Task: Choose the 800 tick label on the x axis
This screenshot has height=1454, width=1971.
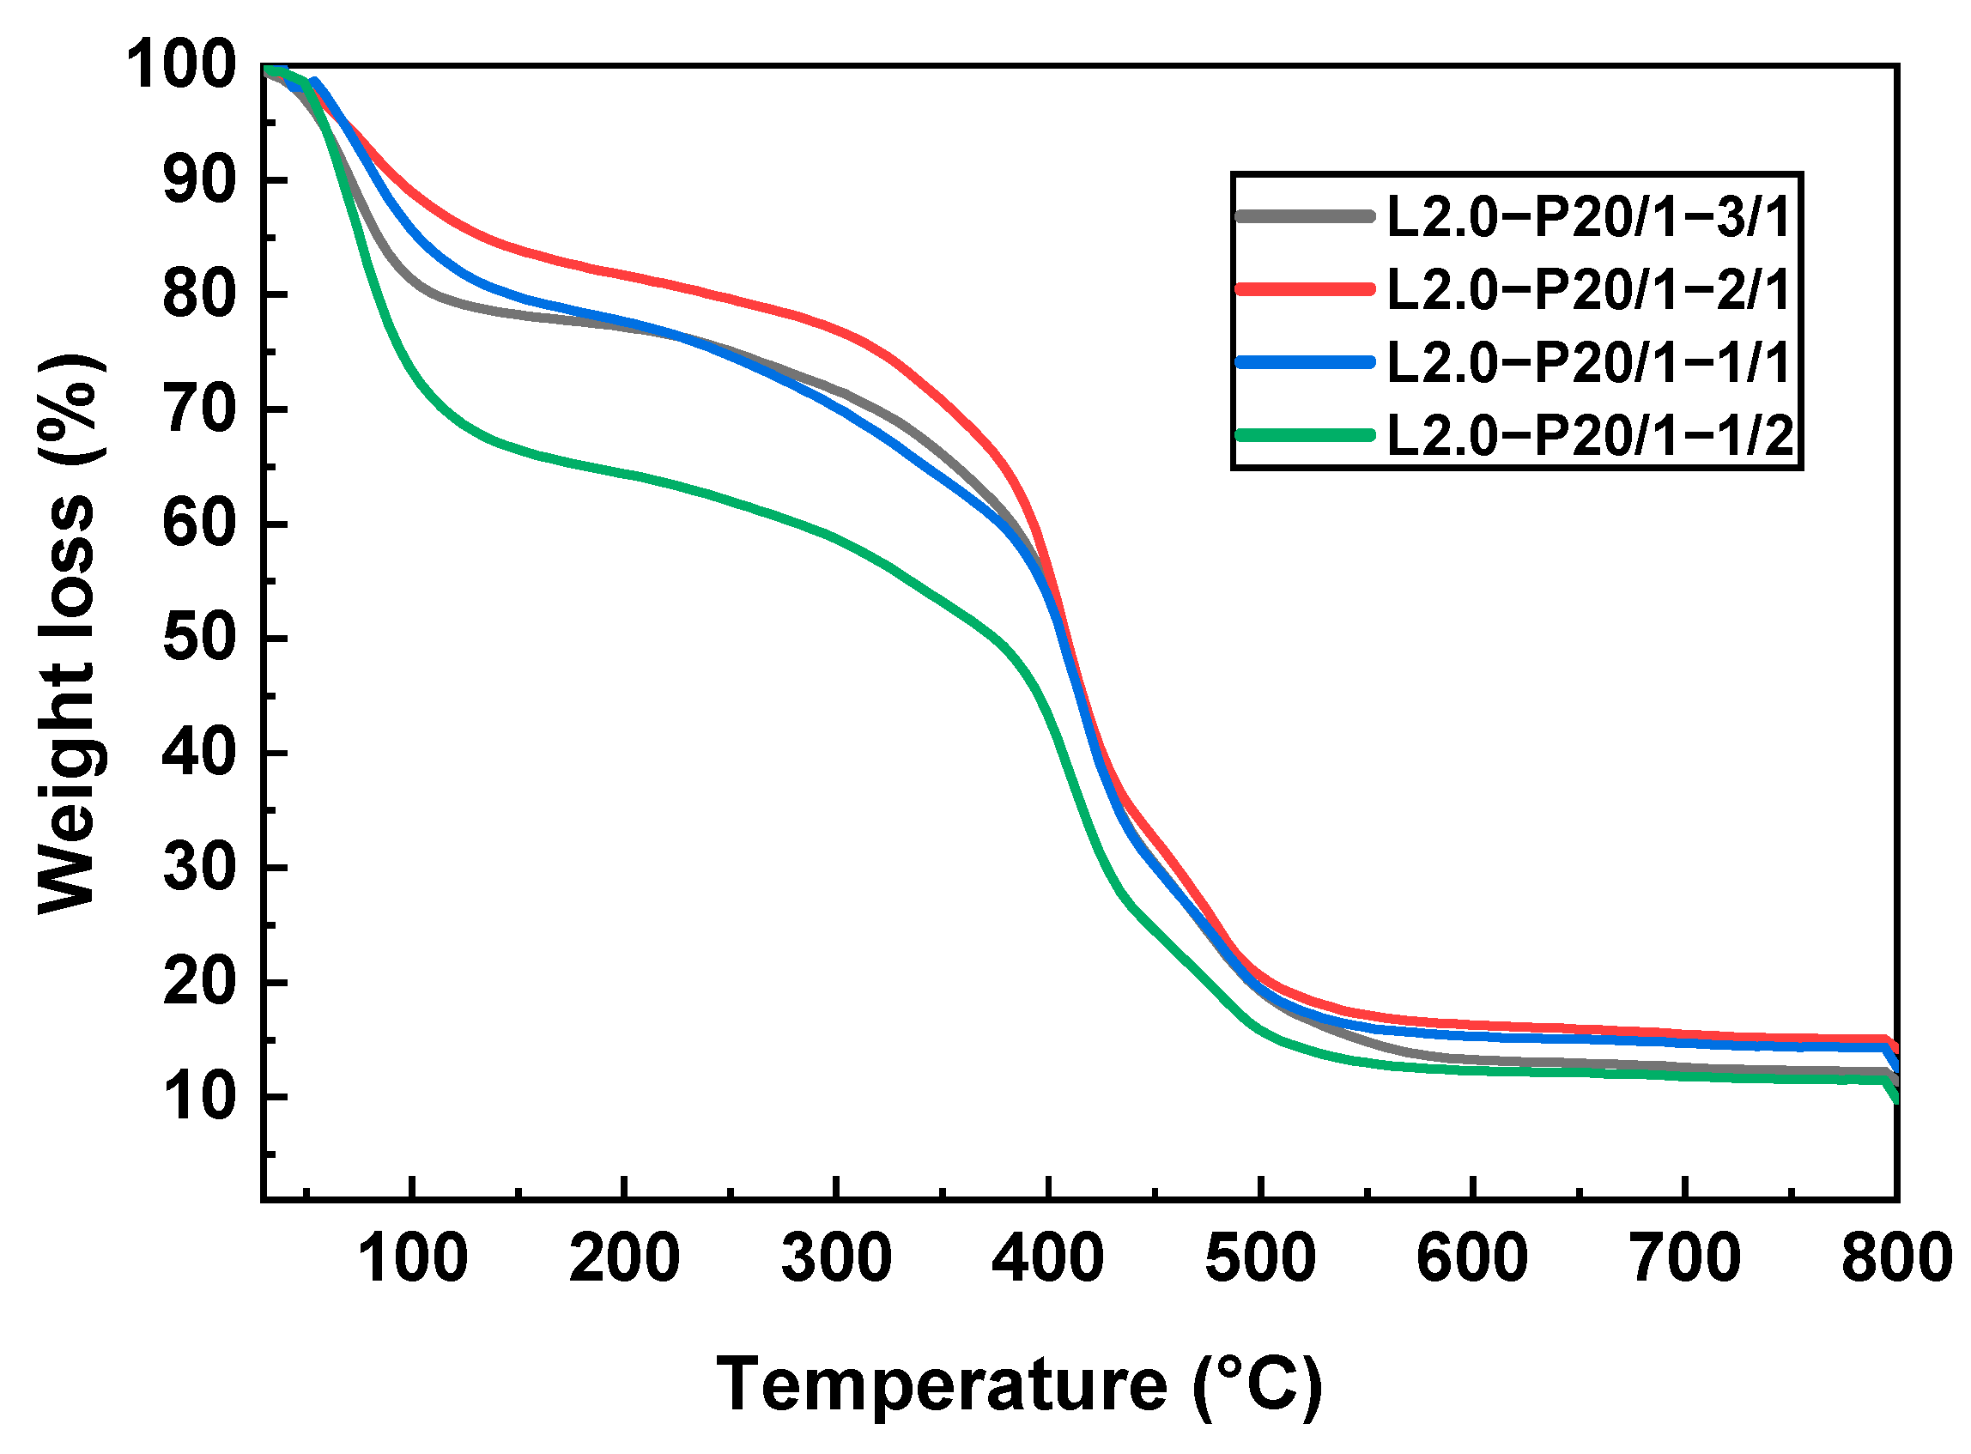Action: (x=1897, y=1259)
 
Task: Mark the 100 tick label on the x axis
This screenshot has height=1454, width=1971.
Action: (x=412, y=1259)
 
